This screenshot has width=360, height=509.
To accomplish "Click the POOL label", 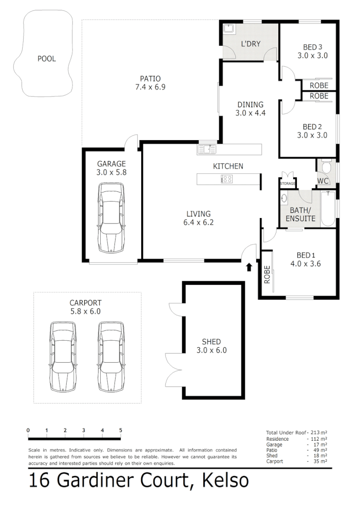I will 46,58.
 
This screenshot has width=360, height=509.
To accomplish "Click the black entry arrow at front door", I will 250,267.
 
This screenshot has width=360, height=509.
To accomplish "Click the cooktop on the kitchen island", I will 226,179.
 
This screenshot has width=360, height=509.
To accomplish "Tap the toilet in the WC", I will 325,167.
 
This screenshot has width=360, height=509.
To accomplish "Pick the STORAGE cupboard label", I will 288,183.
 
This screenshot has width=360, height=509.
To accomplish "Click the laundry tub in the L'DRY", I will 229,29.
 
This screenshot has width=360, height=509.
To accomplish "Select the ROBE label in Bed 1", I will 267,275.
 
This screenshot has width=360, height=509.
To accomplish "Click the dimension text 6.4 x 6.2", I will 199,223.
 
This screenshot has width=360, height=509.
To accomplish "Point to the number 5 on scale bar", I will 121,430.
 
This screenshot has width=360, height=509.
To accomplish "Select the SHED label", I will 212,342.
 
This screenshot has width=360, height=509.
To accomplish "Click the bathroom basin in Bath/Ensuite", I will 284,199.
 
